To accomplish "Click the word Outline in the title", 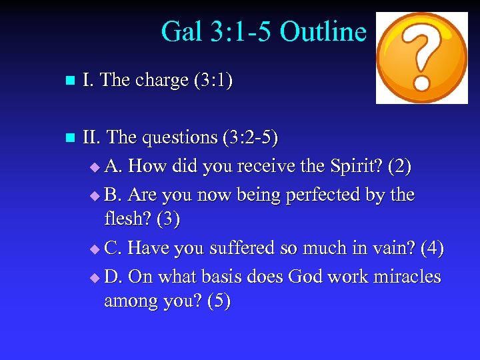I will [x=323, y=31].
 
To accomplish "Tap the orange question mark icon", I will [x=422, y=58].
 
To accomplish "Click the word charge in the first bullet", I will [x=162, y=81].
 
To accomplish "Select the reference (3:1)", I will [x=213, y=81].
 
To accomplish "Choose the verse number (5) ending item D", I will [x=219, y=301].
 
